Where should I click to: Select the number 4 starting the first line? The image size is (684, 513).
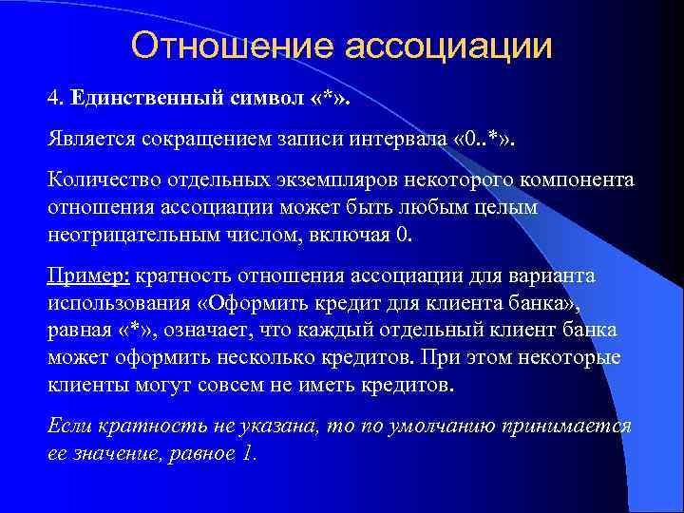coord(53,98)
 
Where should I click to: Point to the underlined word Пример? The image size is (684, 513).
coord(87,276)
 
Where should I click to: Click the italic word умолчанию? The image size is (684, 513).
coord(449,426)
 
